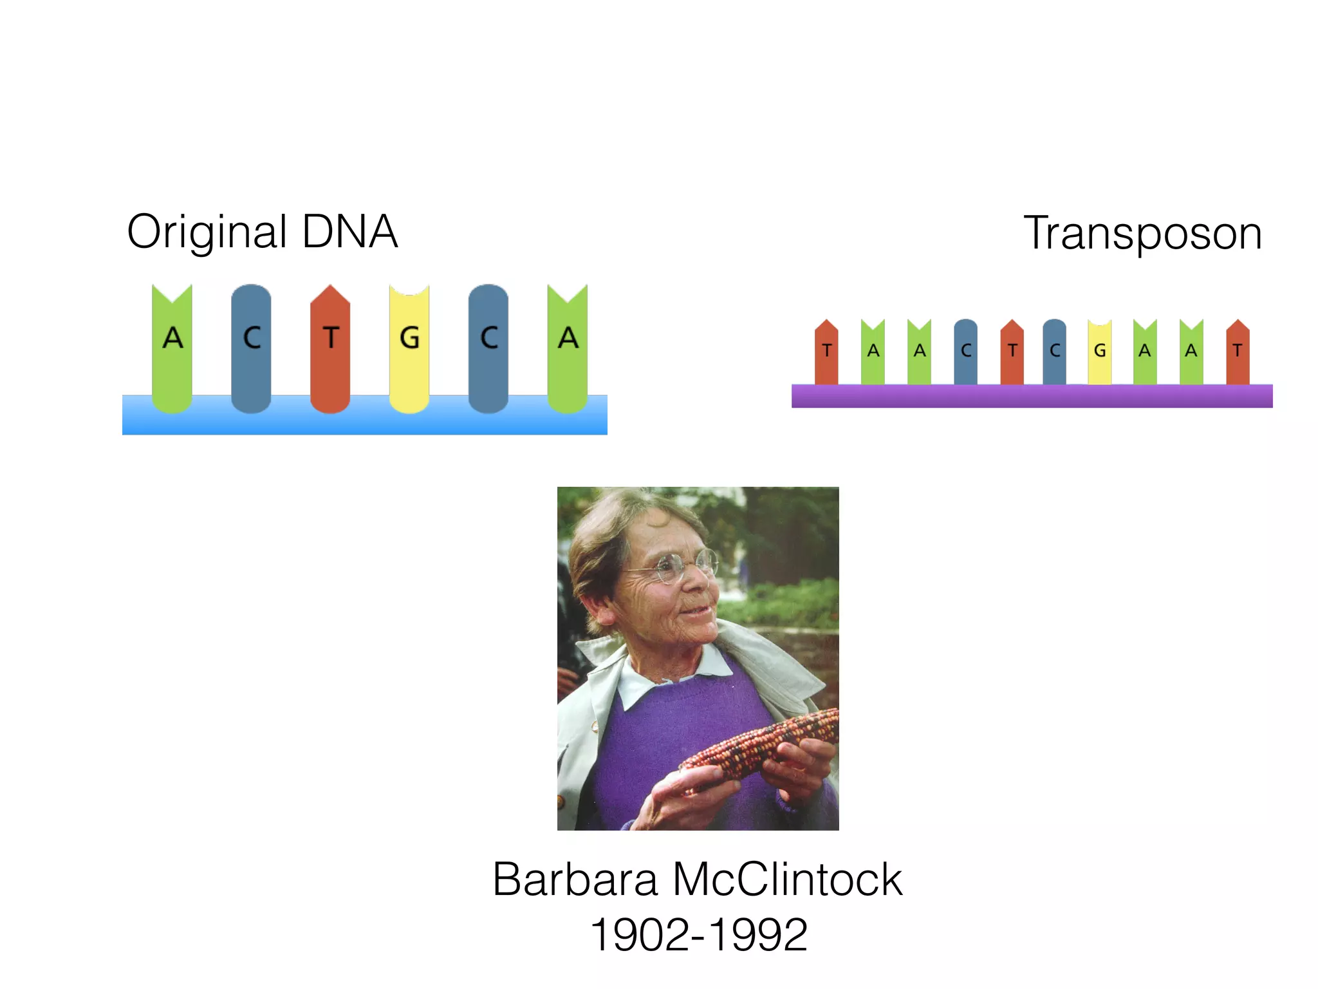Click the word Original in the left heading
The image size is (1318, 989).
point(207,232)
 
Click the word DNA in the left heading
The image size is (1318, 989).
point(349,231)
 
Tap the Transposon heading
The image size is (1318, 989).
point(1142,233)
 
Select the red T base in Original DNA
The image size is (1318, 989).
point(330,348)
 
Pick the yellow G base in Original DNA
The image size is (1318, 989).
point(409,348)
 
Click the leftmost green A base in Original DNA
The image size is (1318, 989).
point(172,348)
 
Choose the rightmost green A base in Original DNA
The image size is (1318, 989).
point(567,348)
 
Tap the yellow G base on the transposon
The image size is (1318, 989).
point(1099,352)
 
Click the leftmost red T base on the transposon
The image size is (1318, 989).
point(826,352)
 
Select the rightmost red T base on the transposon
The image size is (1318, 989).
point(1238,352)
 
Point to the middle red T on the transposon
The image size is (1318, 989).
point(1012,352)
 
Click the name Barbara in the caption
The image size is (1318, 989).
point(575,880)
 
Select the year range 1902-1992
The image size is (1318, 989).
point(698,935)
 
